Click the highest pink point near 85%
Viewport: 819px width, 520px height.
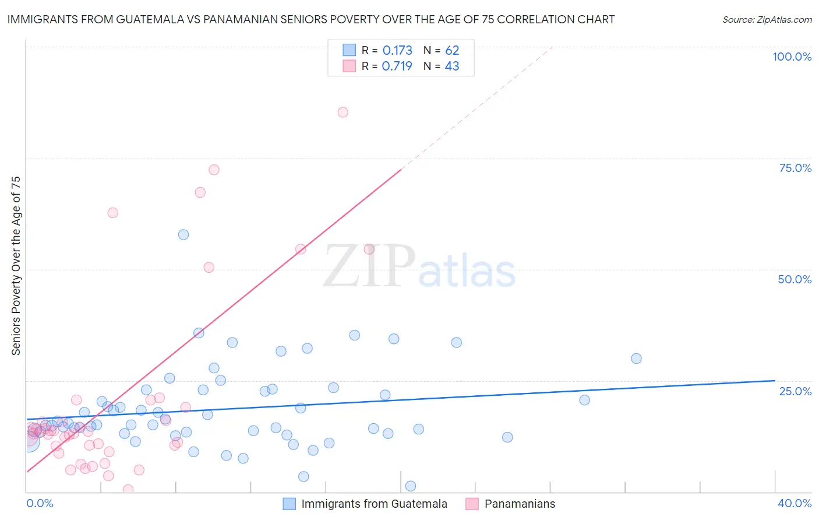[x=343, y=113]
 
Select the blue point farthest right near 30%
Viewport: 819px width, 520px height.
[x=636, y=359]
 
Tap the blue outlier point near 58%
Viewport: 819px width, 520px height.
[x=183, y=235]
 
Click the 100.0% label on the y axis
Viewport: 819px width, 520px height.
[x=792, y=57]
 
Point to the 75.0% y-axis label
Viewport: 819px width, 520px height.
[x=795, y=168]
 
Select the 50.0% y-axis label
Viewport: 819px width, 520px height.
[x=795, y=279]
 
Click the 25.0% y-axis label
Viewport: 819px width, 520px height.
[x=795, y=391]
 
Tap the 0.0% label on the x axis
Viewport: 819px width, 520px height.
[x=40, y=503]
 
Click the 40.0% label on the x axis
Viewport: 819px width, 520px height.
[x=795, y=503]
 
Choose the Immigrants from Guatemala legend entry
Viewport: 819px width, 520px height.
[x=374, y=504]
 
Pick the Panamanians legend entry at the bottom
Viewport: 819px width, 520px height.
[x=520, y=504]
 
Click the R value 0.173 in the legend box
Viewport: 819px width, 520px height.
[x=397, y=51]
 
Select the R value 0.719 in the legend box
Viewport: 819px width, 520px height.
[x=397, y=66]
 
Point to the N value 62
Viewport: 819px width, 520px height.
[x=452, y=51]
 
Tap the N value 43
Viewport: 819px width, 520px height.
[x=452, y=66]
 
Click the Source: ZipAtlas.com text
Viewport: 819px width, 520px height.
[x=767, y=20]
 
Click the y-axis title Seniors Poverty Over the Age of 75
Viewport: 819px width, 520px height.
[x=16, y=266]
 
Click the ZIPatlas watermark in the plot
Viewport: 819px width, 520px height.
[x=419, y=268]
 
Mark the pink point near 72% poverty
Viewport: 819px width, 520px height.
[x=214, y=170]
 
